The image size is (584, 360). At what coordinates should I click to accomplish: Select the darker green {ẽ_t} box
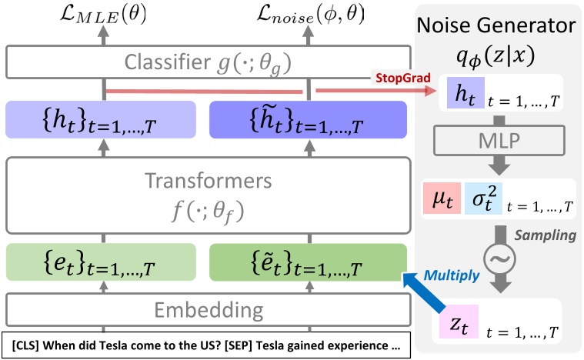click(309, 265)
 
